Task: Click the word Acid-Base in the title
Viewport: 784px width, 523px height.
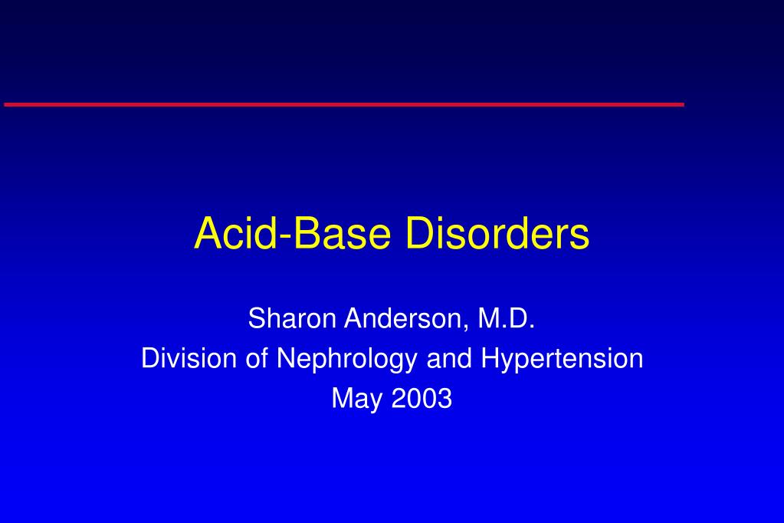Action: (x=292, y=232)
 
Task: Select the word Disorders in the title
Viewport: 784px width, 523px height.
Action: (x=497, y=232)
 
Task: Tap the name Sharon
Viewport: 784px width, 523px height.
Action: (x=292, y=318)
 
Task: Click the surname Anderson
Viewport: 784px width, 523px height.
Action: (x=404, y=318)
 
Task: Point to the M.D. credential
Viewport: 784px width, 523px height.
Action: (x=507, y=318)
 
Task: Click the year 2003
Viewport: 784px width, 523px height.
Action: (x=422, y=398)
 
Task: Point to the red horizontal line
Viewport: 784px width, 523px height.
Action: (x=344, y=104)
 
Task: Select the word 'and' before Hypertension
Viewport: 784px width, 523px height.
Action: (x=449, y=358)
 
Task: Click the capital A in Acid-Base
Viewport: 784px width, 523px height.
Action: (x=207, y=232)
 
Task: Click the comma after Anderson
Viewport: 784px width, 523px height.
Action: (x=466, y=327)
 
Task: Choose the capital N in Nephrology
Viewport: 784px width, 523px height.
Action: (x=286, y=358)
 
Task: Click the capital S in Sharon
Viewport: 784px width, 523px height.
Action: (x=257, y=318)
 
